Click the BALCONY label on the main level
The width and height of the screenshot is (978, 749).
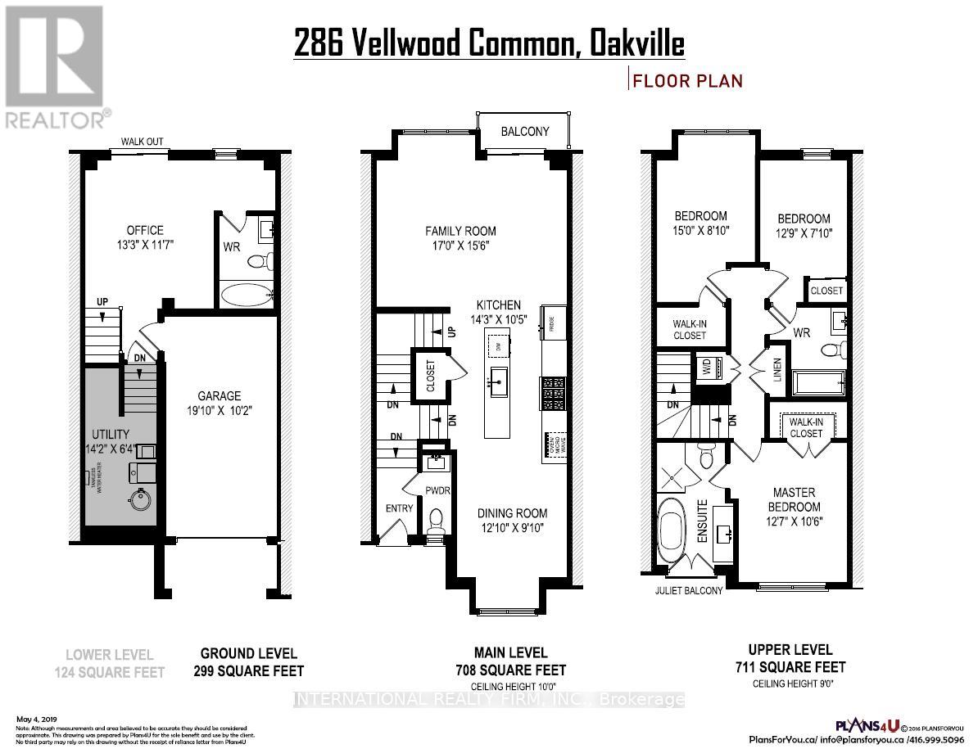[524, 132]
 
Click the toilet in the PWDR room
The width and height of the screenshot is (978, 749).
[436, 520]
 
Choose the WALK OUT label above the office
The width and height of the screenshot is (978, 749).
[142, 142]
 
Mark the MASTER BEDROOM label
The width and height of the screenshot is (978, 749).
[794, 499]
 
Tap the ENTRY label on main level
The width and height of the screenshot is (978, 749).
[399, 509]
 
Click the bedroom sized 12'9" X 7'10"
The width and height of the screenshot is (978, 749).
[803, 226]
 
